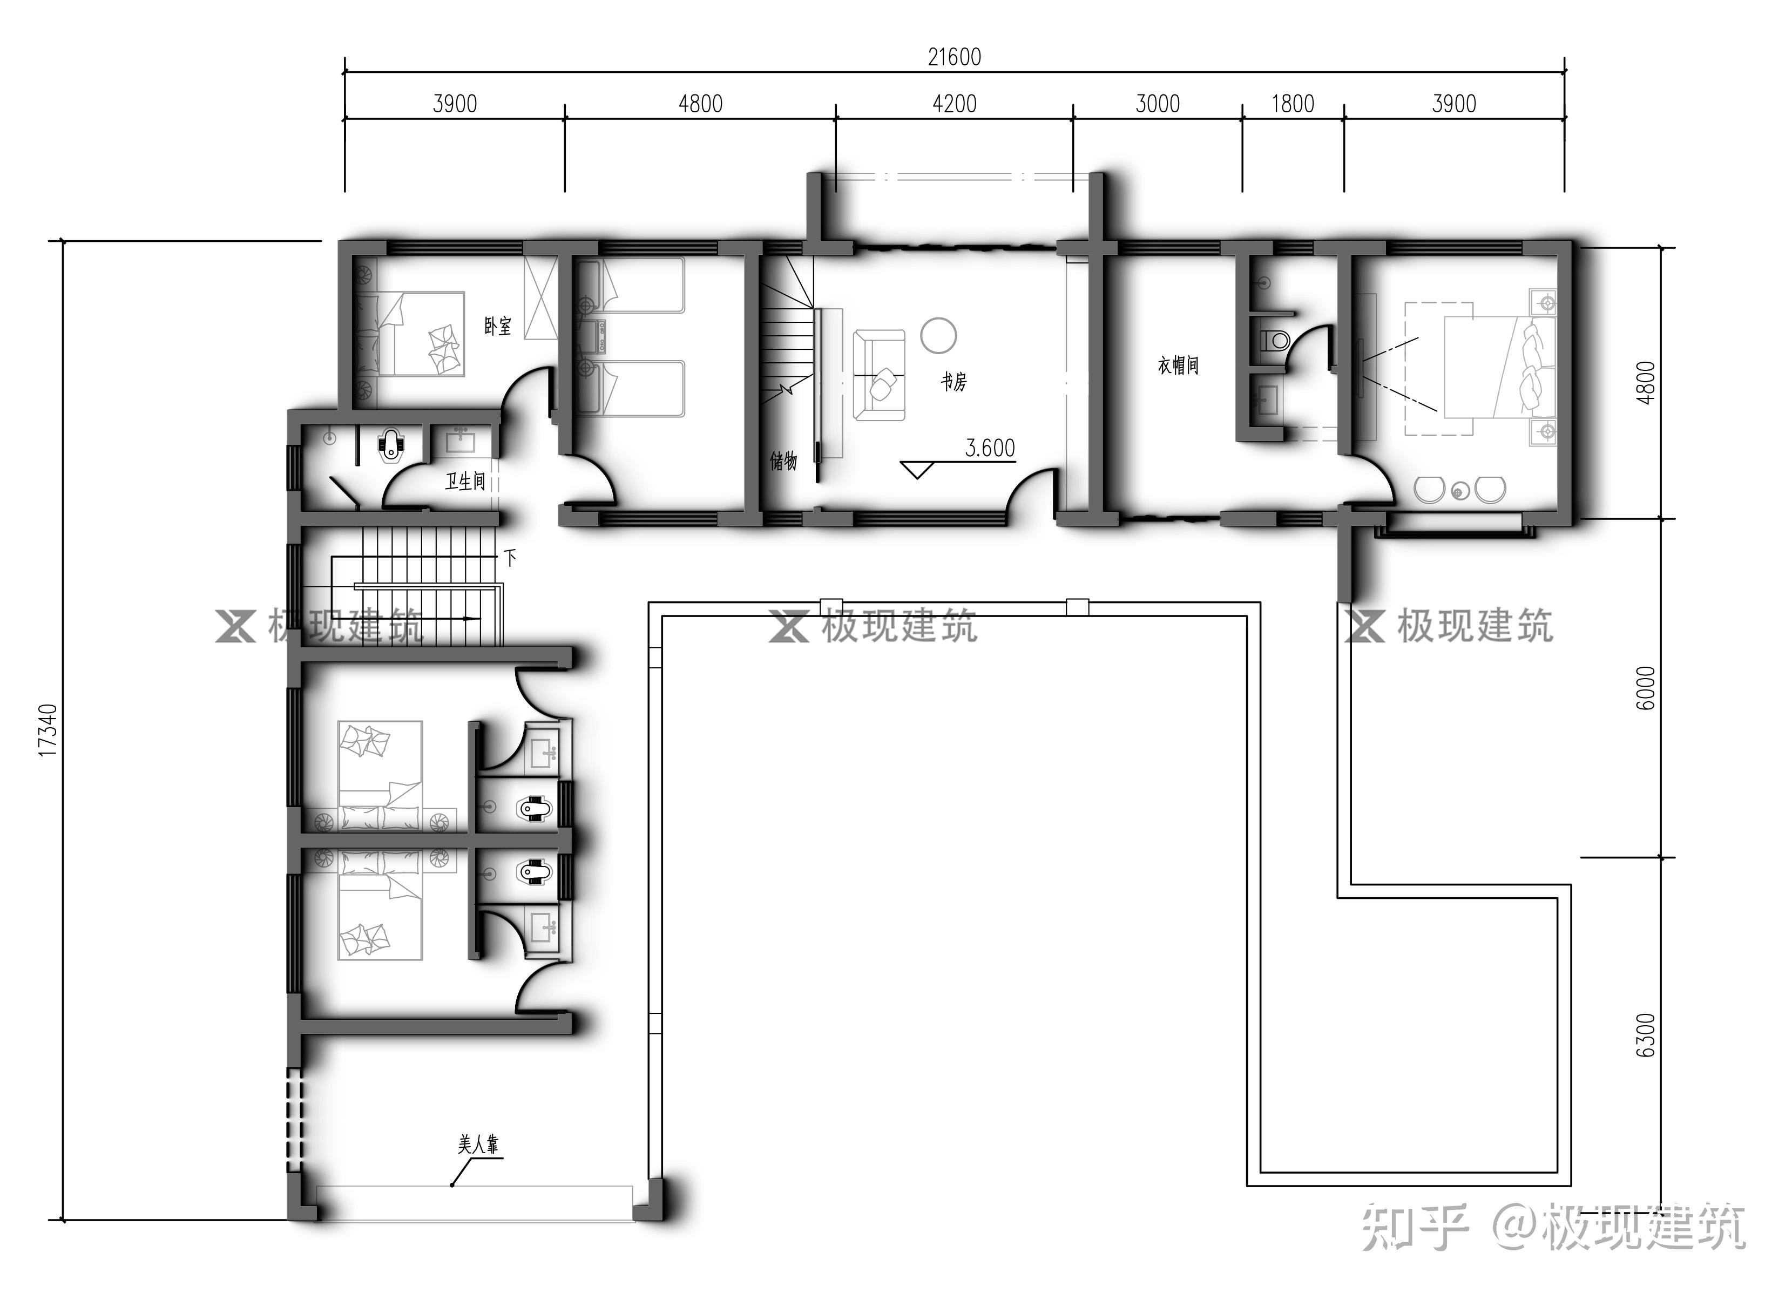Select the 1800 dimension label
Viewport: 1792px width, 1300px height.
point(1292,104)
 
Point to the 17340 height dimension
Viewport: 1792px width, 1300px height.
point(48,730)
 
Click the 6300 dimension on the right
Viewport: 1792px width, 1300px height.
point(1645,1035)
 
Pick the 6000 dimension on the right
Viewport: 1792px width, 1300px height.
point(1645,688)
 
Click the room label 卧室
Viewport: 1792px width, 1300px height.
point(498,326)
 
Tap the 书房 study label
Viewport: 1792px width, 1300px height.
point(954,382)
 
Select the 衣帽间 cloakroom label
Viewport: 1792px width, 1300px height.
point(1178,365)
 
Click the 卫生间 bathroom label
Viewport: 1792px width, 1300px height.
point(465,480)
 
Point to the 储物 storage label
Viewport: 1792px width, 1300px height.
point(784,461)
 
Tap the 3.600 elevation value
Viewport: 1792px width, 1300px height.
point(990,448)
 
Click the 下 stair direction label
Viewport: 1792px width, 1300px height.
point(510,557)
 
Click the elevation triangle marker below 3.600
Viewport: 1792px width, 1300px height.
point(917,470)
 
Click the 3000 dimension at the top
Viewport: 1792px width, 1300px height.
point(1158,104)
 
